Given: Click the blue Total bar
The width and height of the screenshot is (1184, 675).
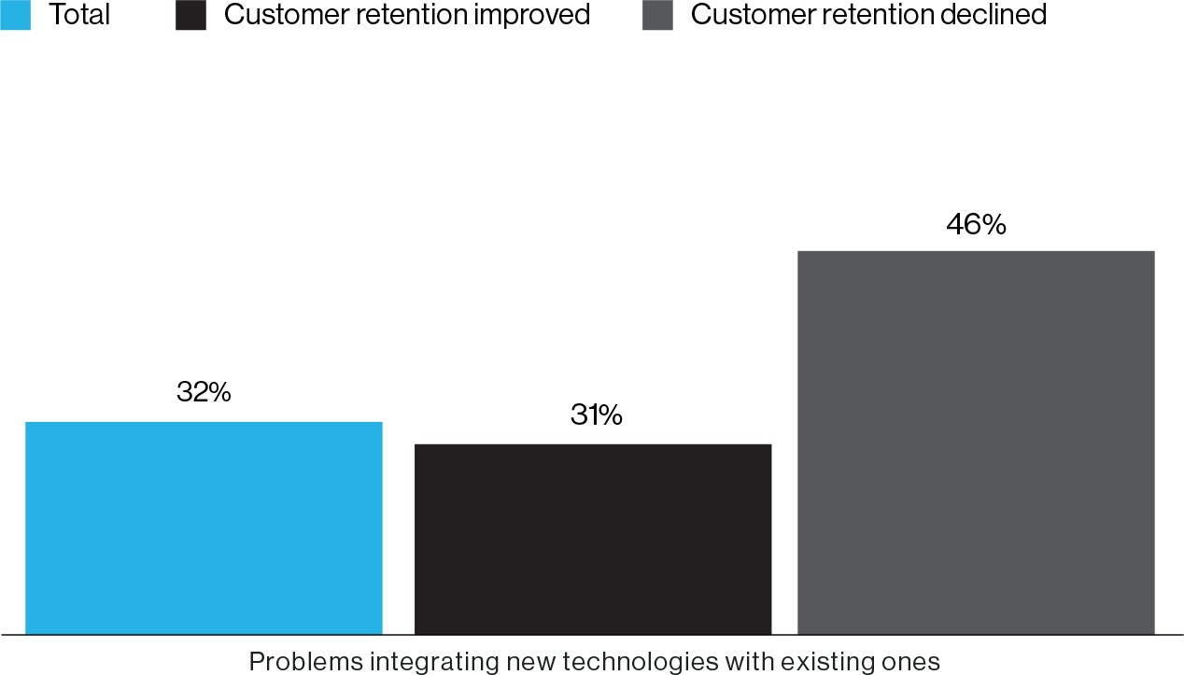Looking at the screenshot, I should pyautogui.click(x=204, y=527).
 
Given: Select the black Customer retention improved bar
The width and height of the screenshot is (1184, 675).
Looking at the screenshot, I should pyautogui.click(x=593, y=539).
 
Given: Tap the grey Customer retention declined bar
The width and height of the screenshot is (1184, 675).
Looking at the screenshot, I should pyautogui.click(x=976, y=443).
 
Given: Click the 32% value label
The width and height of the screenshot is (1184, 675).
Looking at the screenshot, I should pyautogui.click(x=204, y=392).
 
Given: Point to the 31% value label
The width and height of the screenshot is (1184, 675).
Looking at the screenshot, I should pyautogui.click(x=596, y=415).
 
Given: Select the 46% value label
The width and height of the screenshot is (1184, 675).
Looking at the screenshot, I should pyautogui.click(x=976, y=224).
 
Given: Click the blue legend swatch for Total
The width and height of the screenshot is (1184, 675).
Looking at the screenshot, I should pyautogui.click(x=16, y=15).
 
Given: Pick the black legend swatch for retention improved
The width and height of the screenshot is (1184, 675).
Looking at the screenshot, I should pyautogui.click(x=190, y=15).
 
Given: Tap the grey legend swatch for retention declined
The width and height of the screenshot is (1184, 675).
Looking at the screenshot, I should pyautogui.click(x=657, y=15).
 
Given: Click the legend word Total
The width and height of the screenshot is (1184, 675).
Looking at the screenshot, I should pyautogui.click(x=79, y=15).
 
